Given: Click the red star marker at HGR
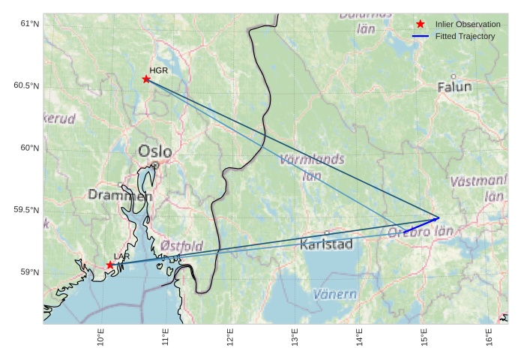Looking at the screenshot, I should click(146, 79).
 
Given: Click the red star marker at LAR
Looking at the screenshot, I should click(110, 265).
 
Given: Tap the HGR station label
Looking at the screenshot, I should click(158, 70).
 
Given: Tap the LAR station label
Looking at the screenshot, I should click(121, 256).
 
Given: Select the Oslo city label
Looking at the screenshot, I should click(154, 151).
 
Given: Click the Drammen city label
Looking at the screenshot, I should click(120, 195).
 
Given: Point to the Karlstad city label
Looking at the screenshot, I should click(326, 244).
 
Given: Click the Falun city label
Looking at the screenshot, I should click(454, 87).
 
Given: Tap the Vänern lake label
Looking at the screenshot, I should click(334, 294).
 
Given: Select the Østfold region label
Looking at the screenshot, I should click(181, 246).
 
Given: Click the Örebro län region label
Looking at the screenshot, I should click(421, 232).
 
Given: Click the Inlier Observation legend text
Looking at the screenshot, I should click(468, 24).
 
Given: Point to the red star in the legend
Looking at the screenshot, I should click(421, 24).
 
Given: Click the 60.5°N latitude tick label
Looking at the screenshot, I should click(26, 85).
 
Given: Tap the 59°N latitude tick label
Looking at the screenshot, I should click(29, 272).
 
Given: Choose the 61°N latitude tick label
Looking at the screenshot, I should click(29, 23).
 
